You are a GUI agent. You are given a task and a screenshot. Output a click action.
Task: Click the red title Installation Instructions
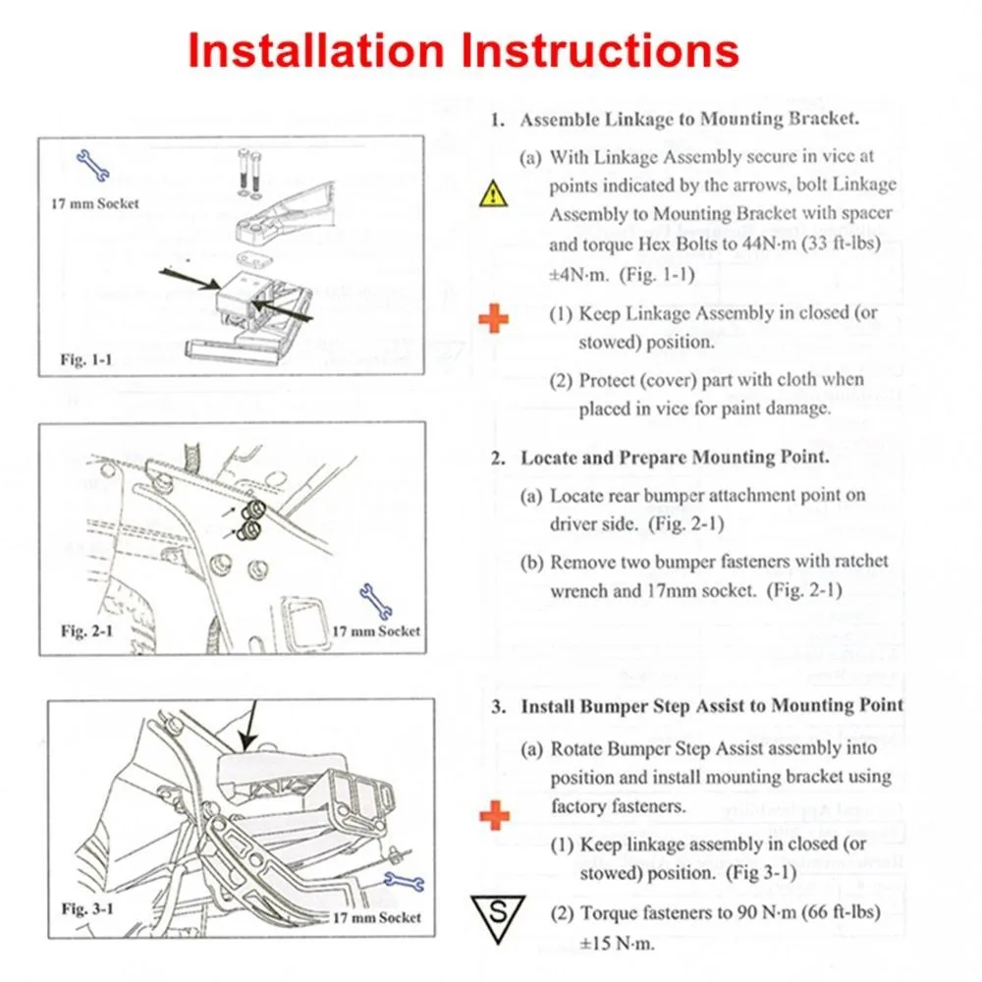click(463, 50)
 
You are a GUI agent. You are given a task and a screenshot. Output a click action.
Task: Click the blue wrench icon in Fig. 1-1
click(93, 167)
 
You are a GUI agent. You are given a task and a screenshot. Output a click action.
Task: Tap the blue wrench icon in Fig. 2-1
click(375, 599)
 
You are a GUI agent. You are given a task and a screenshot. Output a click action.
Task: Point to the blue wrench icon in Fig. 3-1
click(403, 884)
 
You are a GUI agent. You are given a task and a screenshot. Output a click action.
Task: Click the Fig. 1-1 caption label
click(86, 359)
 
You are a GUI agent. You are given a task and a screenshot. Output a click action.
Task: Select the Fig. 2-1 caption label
click(86, 629)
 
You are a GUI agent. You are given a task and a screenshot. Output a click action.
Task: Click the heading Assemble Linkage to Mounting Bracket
click(689, 120)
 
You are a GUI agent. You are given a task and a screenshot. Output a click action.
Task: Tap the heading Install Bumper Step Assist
click(711, 706)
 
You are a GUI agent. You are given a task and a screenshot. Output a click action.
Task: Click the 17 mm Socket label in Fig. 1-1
click(95, 203)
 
